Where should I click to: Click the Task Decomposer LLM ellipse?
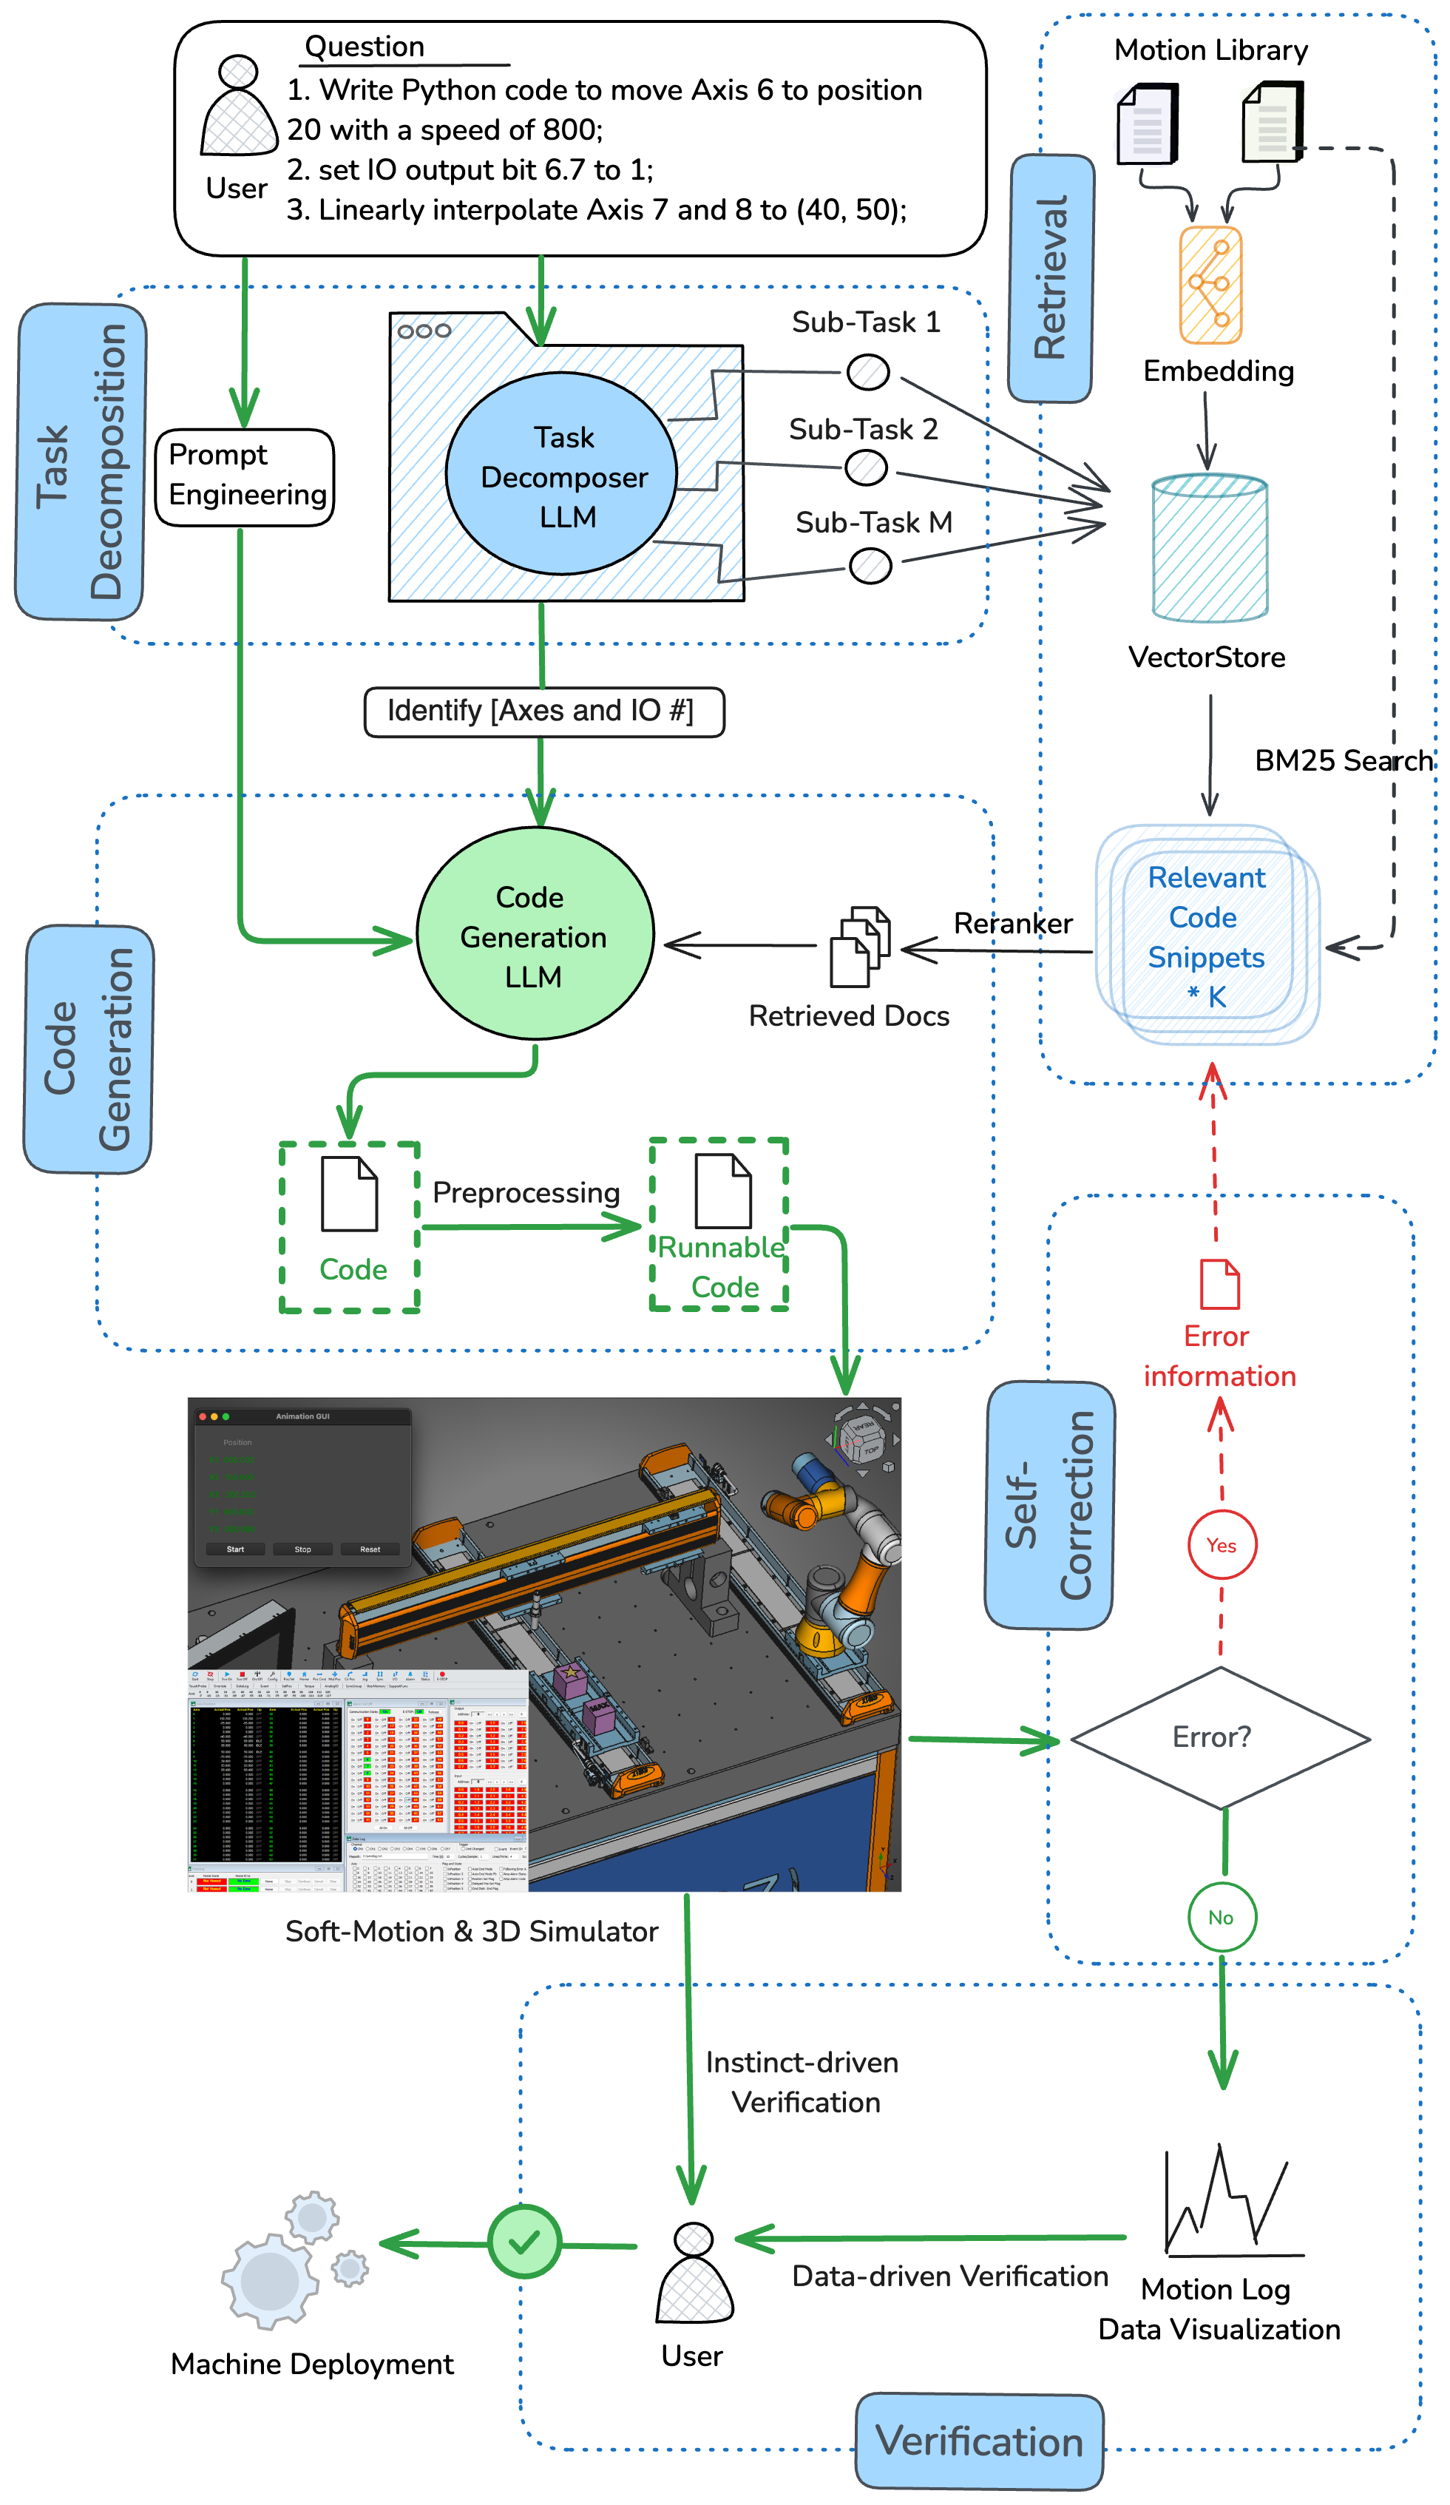[560, 474]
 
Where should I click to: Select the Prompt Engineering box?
[245, 476]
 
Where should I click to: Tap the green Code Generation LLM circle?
[534, 933]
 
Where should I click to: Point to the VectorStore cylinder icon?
[1207, 548]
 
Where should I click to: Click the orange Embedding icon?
[1210, 284]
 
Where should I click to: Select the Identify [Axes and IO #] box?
[543, 711]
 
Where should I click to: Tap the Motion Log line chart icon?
[1230, 2201]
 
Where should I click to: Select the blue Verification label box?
[978, 2441]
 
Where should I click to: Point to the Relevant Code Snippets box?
[1207, 934]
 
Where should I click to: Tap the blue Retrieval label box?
[1051, 277]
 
